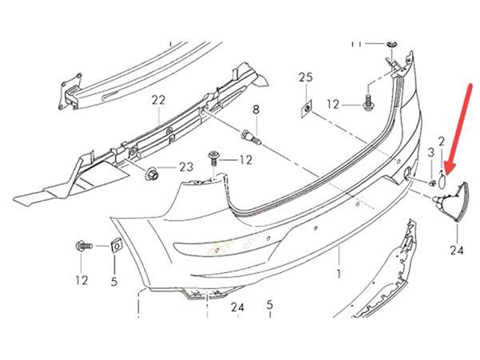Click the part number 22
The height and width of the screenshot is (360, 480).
pyautogui.click(x=157, y=100)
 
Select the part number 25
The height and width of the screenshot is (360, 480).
pyautogui.click(x=304, y=77)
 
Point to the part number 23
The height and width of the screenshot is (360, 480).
pyautogui.click(x=186, y=167)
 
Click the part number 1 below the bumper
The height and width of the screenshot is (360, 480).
pyautogui.click(x=338, y=273)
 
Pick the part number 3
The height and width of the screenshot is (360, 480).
pyautogui.click(x=430, y=152)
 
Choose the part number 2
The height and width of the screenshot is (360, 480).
pyautogui.click(x=441, y=141)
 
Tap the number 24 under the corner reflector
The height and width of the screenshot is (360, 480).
pyautogui.click(x=456, y=251)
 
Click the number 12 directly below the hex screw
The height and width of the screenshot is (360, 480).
pyautogui.click(x=82, y=280)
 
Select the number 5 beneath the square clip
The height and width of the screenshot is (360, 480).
pyautogui.click(x=113, y=281)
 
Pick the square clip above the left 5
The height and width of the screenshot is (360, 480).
pyautogui.click(x=114, y=247)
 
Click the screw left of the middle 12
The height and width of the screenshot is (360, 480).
pyautogui.click(x=214, y=158)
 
